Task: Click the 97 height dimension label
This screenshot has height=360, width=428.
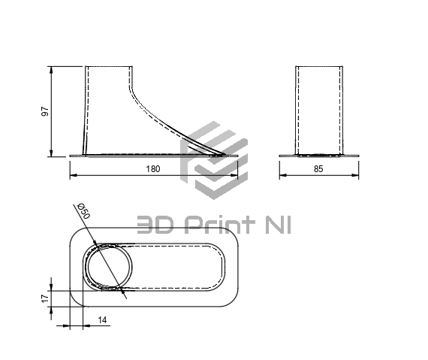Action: (x=45, y=111)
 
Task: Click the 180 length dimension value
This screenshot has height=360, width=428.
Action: (x=153, y=169)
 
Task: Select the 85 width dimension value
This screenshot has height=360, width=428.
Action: (x=318, y=169)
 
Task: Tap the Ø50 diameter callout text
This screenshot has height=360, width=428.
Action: (x=83, y=211)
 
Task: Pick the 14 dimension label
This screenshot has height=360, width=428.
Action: (x=102, y=320)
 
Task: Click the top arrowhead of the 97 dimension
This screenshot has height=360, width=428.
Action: (x=51, y=70)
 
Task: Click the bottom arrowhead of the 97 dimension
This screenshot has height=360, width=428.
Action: (x=51, y=153)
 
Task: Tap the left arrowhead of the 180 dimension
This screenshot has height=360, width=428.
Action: (x=74, y=175)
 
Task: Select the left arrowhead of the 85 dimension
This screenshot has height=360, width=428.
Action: (x=283, y=175)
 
